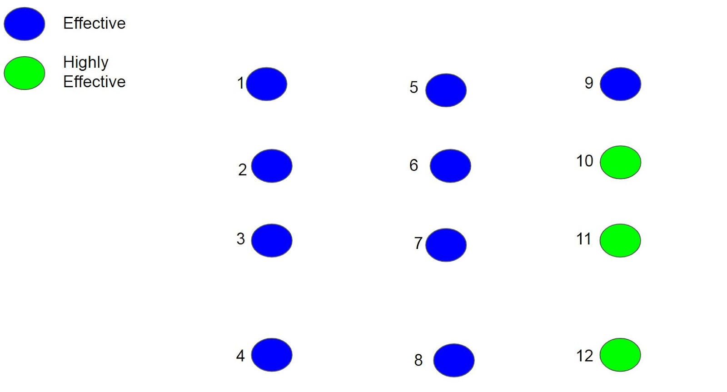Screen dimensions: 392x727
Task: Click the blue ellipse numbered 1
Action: pos(267,84)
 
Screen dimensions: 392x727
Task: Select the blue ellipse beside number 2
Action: pos(272,166)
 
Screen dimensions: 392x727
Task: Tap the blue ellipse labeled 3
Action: pos(272,241)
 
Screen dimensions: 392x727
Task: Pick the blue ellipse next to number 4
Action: pos(272,355)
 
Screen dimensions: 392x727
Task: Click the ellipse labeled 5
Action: pos(446,90)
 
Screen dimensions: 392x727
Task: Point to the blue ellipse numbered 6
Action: pos(450,166)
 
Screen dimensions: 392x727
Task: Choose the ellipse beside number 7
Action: pos(446,245)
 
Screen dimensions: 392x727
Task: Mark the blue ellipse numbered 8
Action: pos(454,360)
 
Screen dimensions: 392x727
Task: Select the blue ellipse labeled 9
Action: pos(620,84)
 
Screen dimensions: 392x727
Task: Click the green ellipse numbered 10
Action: pos(620,162)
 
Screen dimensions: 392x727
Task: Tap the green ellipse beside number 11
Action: pos(620,241)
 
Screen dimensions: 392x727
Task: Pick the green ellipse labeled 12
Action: pos(620,355)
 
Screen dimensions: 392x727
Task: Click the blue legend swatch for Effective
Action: pos(25,24)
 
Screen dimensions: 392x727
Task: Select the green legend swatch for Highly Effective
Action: pos(25,73)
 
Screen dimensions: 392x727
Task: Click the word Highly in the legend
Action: pos(86,63)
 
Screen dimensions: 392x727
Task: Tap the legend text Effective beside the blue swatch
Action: pos(94,23)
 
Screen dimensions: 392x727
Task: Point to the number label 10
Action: pos(585,161)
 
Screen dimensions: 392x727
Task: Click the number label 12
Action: pos(585,356)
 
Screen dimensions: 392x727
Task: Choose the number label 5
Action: pos(413,87)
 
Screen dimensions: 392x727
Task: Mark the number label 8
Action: pos(418,360)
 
